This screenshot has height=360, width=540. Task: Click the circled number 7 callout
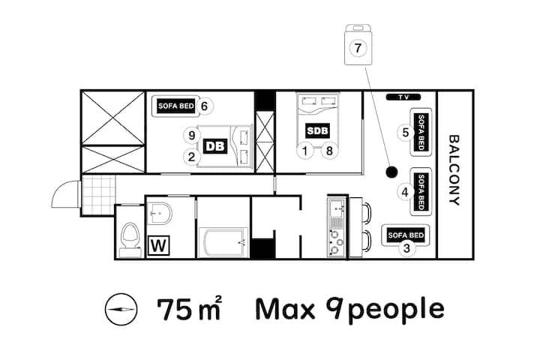click(x=358, y=47)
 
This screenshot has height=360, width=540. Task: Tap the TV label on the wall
click(x=403, y=97)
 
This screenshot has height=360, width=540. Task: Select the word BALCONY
click(x=454, y=169)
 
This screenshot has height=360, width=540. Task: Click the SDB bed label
click(x=317, y=131)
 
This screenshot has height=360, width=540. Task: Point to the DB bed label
click(x=215, y=146)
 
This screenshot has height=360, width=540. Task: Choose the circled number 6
click(x=204, y=106)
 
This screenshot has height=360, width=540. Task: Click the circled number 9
click(x=192, y=136)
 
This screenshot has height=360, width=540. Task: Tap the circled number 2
click(x=191, y=157)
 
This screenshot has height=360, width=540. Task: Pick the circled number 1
click(x=304, y=151)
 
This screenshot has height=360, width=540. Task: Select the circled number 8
click(x=329, y=151)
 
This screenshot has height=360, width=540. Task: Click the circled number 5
click(x=405, y=132)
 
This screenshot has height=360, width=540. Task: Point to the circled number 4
click(x=405, y=192)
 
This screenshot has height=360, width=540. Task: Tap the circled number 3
click(x=406, y=247)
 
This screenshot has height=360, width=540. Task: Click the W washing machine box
click(x=159, y=246)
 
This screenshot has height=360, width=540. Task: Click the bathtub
click(x=223, y=242)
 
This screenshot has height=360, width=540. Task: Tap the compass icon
click(x=121, y=309)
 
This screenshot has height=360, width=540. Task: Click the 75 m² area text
click(x=189, y=308)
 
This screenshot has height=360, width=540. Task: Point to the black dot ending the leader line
click(x=391, y=172)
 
